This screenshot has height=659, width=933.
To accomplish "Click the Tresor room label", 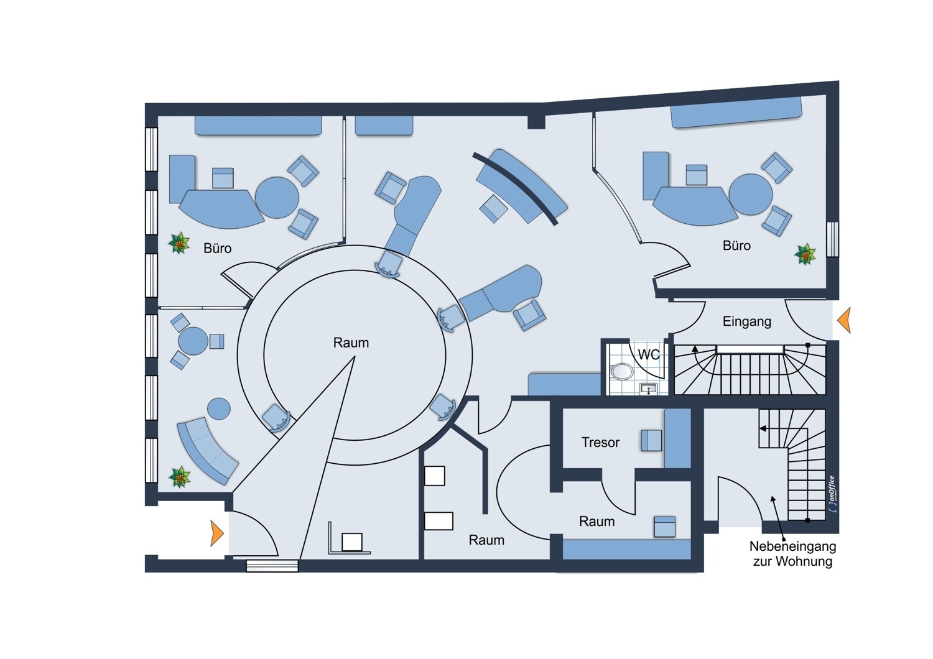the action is pyautogui.click(x=600, y=442).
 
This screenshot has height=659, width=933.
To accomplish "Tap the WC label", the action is pyautogui.click(x=649, y=355).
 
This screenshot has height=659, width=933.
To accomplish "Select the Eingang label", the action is pyautogui.click(x=747, y=321).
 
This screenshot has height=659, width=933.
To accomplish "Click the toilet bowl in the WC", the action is pyautogui.click(x=622, y=371).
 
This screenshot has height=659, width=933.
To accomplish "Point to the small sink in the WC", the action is pyautogui.click(x=648, y=389).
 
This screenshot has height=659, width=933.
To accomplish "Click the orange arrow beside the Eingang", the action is pyautogui.click(x=844, y=320).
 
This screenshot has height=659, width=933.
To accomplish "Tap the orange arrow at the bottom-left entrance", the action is pyautogui.click(x=217, y=533).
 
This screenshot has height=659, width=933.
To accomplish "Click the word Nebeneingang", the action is pyautogui.click(x=792, y=546).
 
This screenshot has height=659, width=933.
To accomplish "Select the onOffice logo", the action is pyautogui.click(x=832, y=494).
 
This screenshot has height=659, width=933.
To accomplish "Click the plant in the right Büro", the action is pyautogui.click(x=805, y=254).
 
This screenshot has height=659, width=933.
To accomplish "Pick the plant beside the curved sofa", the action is pyautogui.click(x=180, y=477).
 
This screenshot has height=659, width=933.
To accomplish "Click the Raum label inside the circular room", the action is pyautogui.click(x=351, y=343).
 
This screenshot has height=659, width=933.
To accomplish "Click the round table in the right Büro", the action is pyautogui.click(x=751, y=195).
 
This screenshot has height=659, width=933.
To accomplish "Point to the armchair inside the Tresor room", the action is pyautogui.click(x=651, y=440).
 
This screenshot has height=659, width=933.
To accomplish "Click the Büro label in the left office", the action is pyautogui.click(x=218, y=248).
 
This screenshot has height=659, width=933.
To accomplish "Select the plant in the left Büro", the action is pyautogui.click(x=179, y=244).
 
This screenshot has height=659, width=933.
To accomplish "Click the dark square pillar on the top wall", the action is pyautogui.click(x=536, y=122).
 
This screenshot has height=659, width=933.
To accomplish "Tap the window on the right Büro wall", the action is pyautogui.click(x=832, y=239).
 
